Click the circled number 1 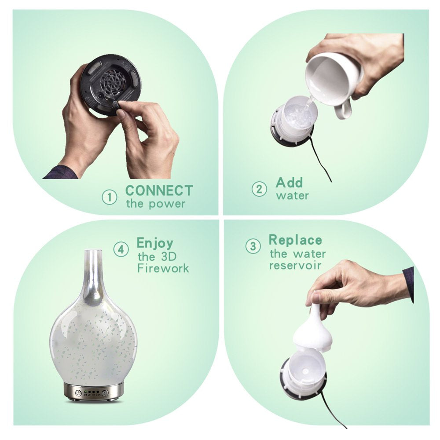(x=109, y=197)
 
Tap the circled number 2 (x=259, y=189)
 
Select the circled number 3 (x=253, y=246)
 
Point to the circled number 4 (x=121, y=249)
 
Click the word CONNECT (x=159, y=191)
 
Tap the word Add (x=290, y=183)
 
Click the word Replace (x=296, y=240)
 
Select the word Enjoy (x=155, y=243)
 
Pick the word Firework (x=163, y=268)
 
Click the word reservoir (x=295, y=265)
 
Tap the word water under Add (x=293, y=196)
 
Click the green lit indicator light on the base (x=85, y=392)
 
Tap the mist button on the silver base (x=106, y=393)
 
